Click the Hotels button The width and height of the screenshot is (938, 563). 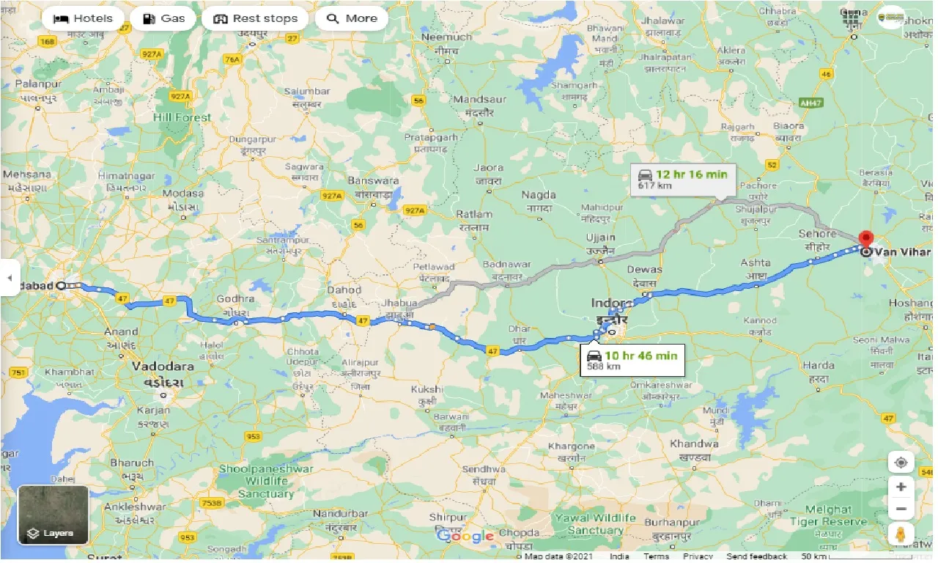click(83, 18)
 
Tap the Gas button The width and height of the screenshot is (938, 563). click(163, 18)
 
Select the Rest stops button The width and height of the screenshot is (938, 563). click(255, 18)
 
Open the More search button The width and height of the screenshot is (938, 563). click(351, 18)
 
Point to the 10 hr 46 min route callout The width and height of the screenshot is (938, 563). click(632, 359)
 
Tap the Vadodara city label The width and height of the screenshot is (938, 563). click(163, 366)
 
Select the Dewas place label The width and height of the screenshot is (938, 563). click(644, 270)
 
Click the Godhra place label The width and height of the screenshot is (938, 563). click(236, 299)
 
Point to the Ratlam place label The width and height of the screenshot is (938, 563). click(474, 214)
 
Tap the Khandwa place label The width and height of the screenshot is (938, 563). click(695, 444)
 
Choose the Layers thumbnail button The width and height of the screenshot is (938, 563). click(53, 515)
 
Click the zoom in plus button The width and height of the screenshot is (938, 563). click(901, 487)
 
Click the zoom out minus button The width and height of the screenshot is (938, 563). click(901, 509)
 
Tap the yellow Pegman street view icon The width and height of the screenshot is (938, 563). click(901, 534)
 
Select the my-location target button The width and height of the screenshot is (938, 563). click(901, 463)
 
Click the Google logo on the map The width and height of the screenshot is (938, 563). click(465, 537)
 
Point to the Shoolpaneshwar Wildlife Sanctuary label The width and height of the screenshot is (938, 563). click(266, 482)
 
